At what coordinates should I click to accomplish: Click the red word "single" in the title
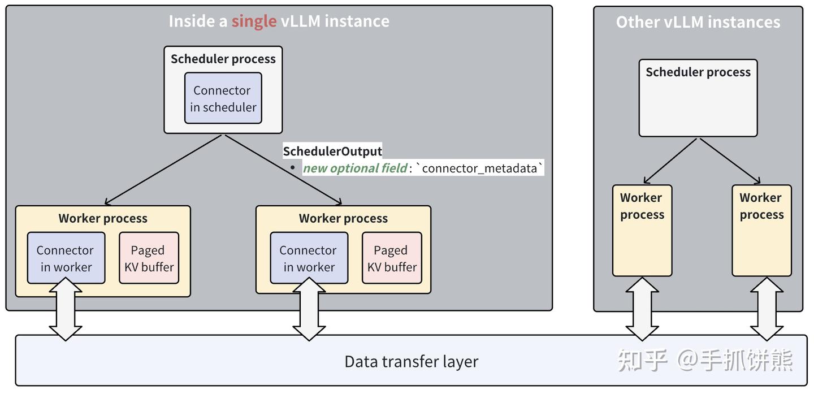point(254,21)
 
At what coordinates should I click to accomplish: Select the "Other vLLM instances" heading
point(698,22)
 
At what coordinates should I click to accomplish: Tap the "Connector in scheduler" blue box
point(223,98)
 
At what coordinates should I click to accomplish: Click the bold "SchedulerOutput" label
point(332,151)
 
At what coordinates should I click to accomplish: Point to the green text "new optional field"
point(354,168)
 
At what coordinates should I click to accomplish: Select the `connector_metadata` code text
point(479,168)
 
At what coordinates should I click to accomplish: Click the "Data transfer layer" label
point(411,362)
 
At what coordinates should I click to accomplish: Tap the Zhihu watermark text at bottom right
point(705,360)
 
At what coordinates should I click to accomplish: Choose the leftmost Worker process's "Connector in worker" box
point(66,258)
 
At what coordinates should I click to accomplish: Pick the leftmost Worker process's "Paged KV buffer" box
point(149,258)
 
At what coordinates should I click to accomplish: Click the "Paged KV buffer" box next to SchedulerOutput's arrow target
point(392,258)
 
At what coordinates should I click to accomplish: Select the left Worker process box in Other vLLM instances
point(642,231)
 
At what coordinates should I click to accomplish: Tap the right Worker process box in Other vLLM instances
point(761,231)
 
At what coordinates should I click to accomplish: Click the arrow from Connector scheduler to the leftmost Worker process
point(163,170)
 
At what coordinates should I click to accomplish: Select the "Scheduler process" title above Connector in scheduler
point(223,59)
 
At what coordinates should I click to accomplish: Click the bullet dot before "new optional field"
point(292,168)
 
